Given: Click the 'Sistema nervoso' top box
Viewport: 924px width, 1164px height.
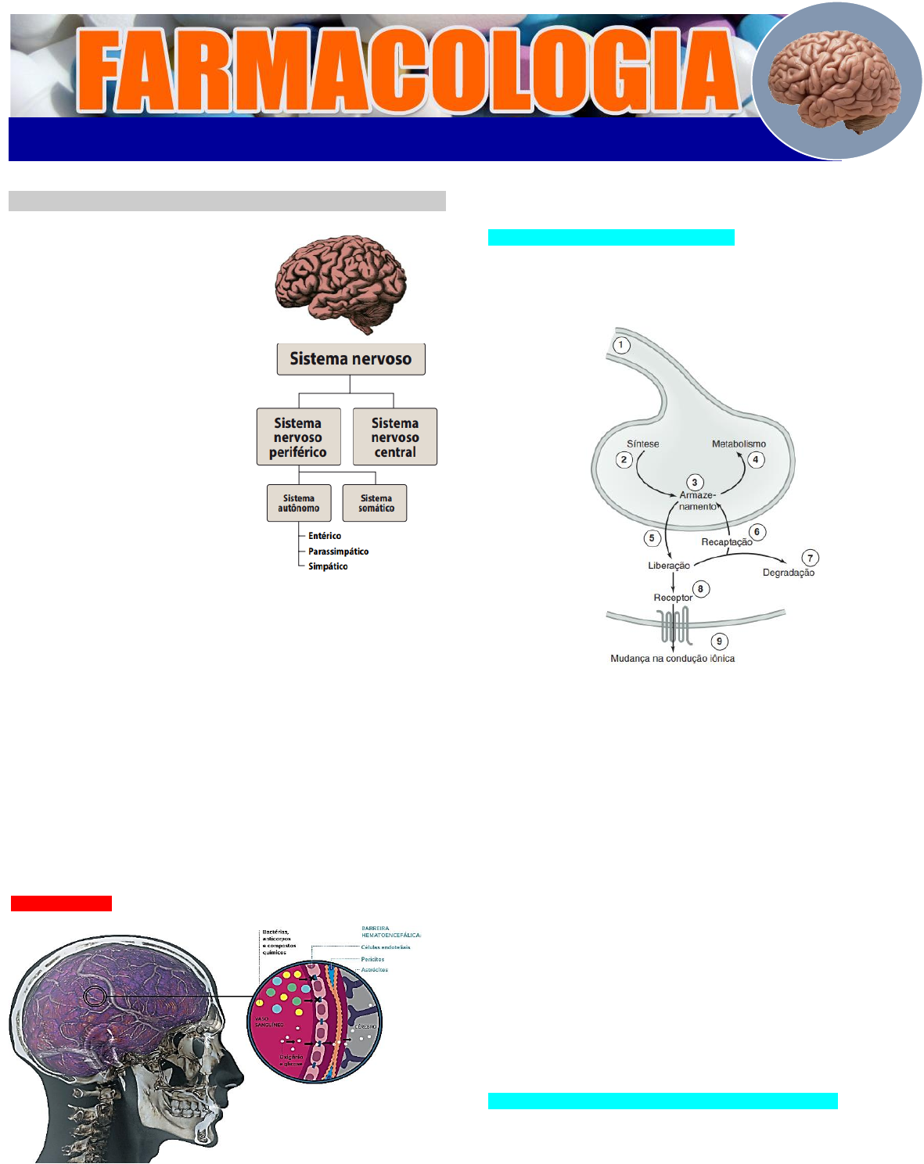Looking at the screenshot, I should [351, 359].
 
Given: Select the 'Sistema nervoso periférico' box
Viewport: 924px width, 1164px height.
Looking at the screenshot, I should [298, 437].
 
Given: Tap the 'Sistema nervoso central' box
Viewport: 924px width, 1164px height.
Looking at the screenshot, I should [394, 437].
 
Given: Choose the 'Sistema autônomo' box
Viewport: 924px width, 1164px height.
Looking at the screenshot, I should [298, 503].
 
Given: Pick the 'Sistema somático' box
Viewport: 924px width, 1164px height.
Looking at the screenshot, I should [376, 503].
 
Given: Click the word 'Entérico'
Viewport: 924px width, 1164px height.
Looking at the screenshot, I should [325, 536].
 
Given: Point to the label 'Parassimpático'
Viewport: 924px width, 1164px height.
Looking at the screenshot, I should [338, 551].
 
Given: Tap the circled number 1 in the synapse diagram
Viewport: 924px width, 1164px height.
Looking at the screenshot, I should [621, 345].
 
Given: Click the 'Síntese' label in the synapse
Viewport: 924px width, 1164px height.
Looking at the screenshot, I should [642, 444].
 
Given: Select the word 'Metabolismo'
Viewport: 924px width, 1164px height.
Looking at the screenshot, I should [739, 444].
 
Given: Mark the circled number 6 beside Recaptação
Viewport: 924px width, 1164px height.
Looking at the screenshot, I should [757, 532].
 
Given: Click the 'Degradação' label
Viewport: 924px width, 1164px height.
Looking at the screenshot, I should [788, 573].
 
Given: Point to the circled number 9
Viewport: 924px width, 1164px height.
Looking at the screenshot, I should [719, 641].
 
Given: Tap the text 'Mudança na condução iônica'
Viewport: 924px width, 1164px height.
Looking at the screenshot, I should [672, 659].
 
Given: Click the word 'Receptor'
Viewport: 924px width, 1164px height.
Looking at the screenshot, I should [673, 598].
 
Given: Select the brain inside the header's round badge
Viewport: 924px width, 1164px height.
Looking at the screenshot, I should [835, 81].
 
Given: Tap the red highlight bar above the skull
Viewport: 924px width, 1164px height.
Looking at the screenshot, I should [61, 904].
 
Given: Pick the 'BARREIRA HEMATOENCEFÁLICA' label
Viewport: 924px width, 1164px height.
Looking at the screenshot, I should [391, 932].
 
